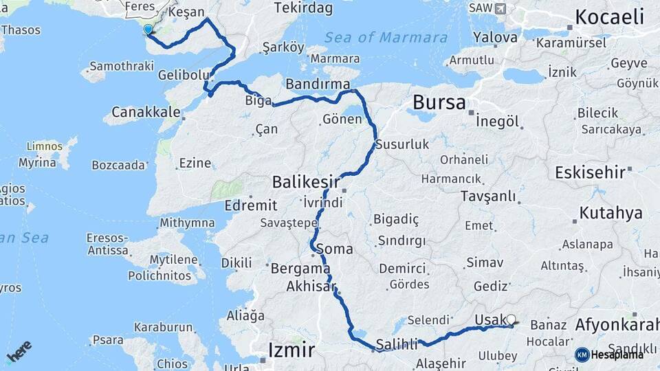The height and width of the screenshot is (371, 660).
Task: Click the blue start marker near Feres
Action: (x=148, y=30)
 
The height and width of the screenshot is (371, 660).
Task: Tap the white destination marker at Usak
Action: (x=511, y=319)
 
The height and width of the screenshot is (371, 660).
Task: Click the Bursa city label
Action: (x=439, y=103)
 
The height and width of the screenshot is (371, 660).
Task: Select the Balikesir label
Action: (x=306, y=182)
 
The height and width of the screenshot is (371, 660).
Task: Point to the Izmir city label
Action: (x=291, y=350)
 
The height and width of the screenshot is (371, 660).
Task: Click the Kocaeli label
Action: (x=609, y=17)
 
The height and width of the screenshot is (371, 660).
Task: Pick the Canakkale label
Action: (x=146, y=111)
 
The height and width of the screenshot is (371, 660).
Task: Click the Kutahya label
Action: (x=610, y=213)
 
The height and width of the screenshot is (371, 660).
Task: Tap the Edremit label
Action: (x=251, y=205)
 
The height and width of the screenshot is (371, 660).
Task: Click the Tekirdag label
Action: (x=303, y=9)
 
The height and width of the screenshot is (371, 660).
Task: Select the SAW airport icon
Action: (x=500, y=8)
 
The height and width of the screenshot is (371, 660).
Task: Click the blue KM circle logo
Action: (x=582, y=355)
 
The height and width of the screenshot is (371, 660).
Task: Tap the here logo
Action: (x=19, y=351)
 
